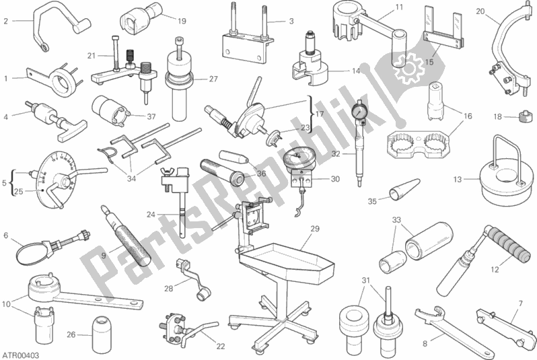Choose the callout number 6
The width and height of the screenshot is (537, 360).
click(x=6, y=236)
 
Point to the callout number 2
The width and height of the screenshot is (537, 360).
click(x=6, y=21)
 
